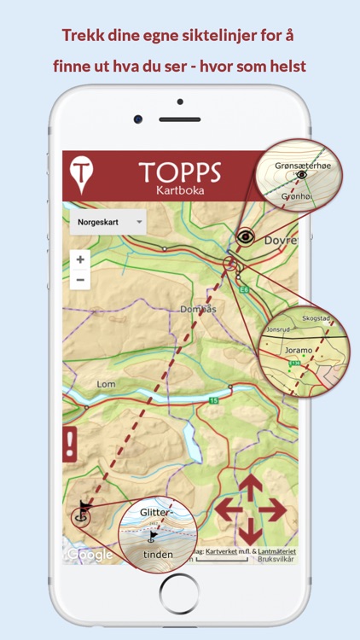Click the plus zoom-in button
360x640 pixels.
tap(80, 259)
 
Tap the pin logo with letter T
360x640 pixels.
tap(81, 173)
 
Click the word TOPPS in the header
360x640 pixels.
tap(179, 172)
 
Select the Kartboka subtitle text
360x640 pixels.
tap(179, 190)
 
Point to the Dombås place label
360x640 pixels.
tap(199, 309)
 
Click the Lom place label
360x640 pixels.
tap(106, 384)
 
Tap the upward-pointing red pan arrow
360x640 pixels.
tap(249, 486)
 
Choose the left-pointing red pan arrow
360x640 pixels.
tap(226, 510)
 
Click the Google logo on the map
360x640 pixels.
tap(90, 555)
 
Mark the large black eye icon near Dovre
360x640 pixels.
tap(246, 237)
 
